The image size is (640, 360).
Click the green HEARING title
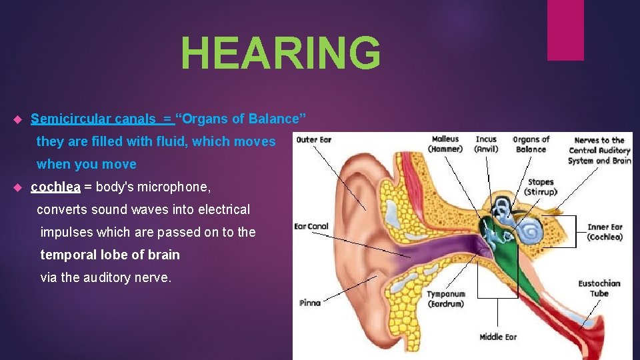point(281,53)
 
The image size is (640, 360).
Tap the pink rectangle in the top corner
point(565,30)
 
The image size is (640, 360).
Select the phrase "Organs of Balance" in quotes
point(244,119)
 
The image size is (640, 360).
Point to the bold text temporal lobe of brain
point(110,255)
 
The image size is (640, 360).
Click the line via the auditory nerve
point(106,277)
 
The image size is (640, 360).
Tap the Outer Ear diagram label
point(313,139)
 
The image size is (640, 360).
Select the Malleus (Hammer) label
point(446,144)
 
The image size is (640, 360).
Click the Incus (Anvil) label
point(486,144)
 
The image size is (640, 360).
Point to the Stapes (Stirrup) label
point(540,187)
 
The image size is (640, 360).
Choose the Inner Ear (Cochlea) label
point(605,232)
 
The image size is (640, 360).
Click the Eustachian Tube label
point(599,288)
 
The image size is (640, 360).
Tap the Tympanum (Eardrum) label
point(446,299)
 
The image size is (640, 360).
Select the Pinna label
point(309,303)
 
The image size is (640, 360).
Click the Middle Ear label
point(497,337)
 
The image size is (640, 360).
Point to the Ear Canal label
point(311,227)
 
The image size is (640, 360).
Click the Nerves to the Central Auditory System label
point(599,150)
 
